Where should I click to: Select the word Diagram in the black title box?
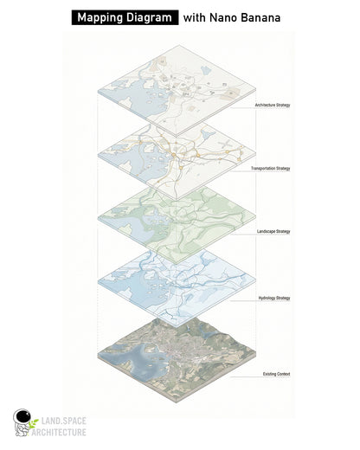coord(151,16)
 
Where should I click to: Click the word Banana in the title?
coord(270,16)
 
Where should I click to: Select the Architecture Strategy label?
coord(272,105)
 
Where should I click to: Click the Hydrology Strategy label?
coord(273,298)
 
